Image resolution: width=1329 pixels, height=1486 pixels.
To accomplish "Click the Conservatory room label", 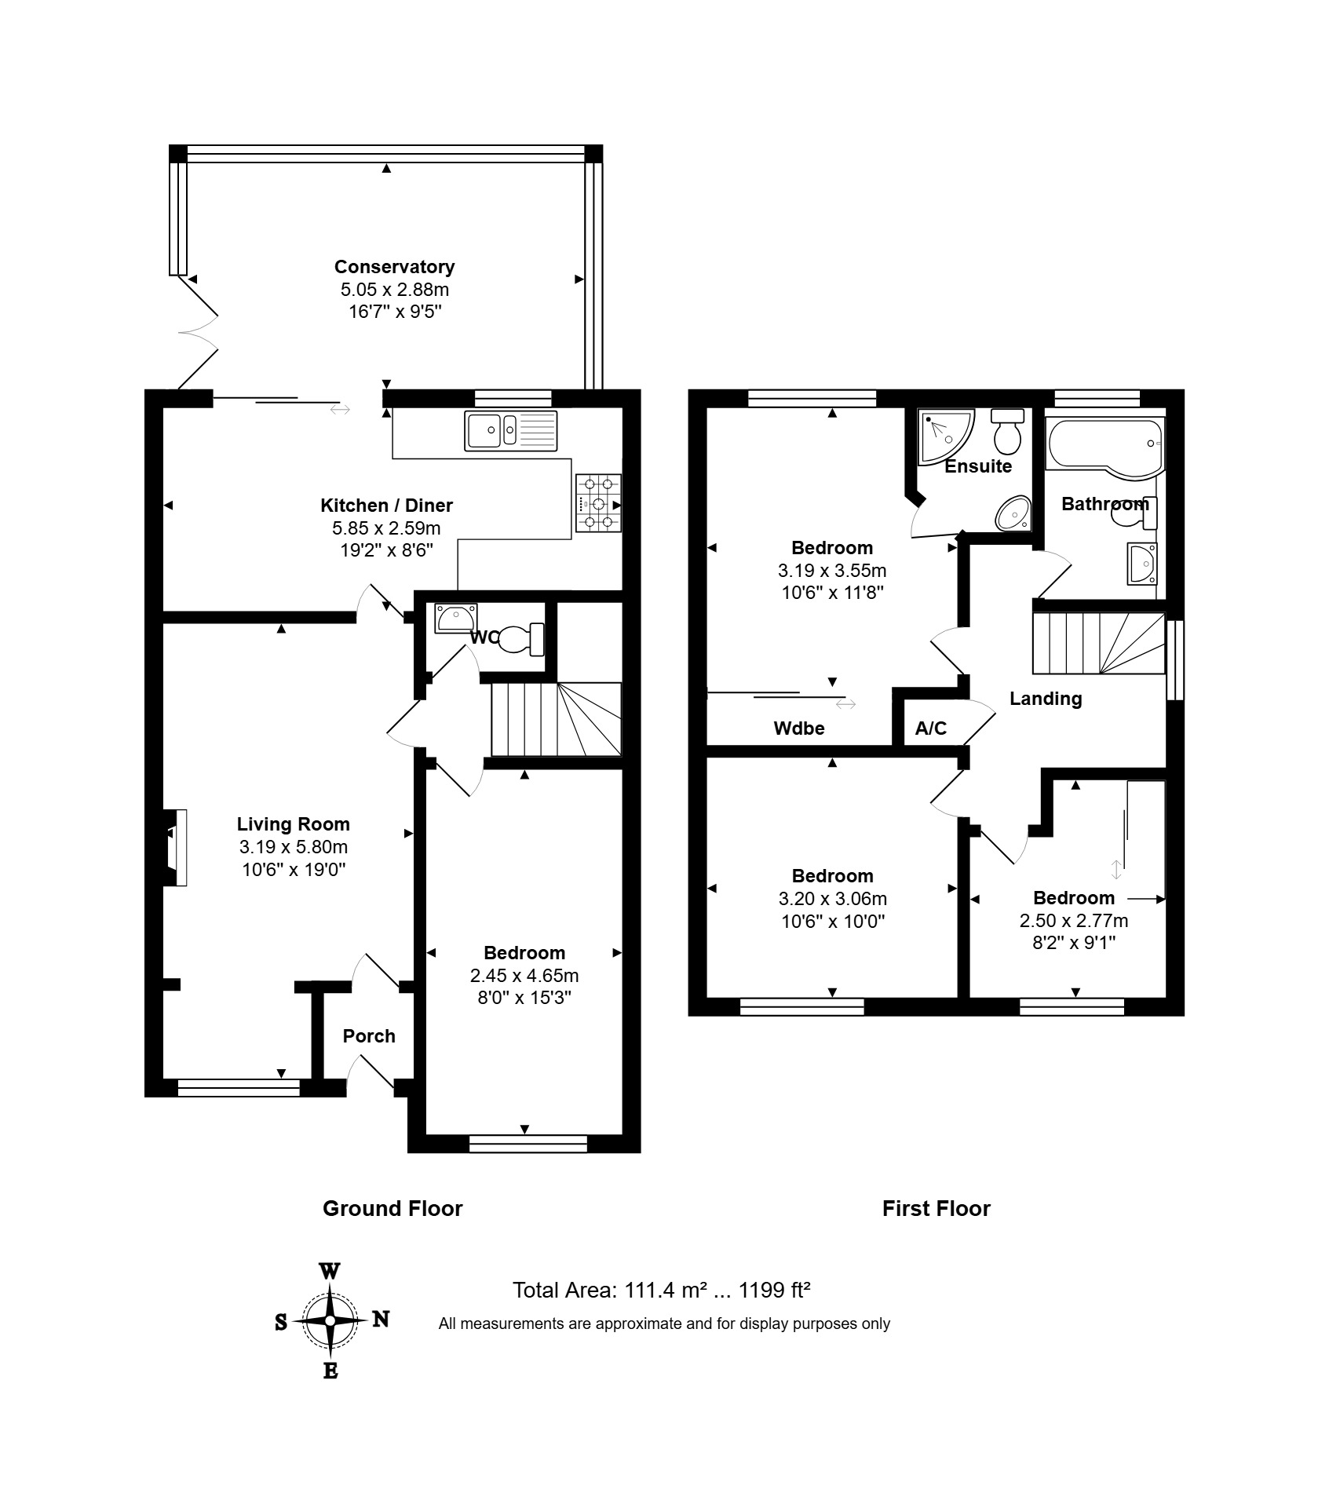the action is coord(394,267).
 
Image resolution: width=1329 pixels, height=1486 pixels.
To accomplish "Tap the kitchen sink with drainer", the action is coord(510,431).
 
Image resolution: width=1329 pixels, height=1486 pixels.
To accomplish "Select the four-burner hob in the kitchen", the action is coord(598,503).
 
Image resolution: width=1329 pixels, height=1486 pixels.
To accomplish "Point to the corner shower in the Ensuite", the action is coord(946,435).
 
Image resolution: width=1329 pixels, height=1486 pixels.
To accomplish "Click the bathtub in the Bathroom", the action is coord(1104,445).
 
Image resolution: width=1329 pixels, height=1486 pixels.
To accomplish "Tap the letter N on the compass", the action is coord(381,1319).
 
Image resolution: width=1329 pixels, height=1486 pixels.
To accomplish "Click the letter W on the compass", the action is coord(330,1271).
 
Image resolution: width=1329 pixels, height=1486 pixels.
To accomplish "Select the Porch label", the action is coord(369,1036).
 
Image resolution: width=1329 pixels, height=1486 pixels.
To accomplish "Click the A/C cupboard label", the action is coord(931,728).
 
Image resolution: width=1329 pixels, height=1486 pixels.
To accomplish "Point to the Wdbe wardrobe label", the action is coord(799,728).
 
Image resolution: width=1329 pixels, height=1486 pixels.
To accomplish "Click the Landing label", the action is coord(1046,699).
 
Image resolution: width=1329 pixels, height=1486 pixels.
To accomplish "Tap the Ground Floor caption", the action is coord(392,1208).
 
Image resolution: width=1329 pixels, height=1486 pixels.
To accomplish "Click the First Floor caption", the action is coord(937,1208).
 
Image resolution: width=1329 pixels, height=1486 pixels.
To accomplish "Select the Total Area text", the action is coord(661,1291).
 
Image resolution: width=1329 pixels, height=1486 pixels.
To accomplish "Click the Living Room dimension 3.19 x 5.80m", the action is coord(294,847).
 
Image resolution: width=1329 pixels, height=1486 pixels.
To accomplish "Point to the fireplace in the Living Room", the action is coord(176,848).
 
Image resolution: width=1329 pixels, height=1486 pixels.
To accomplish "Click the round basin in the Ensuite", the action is coord(1013,513).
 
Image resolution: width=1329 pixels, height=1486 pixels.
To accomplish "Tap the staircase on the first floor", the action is coord(1098,643).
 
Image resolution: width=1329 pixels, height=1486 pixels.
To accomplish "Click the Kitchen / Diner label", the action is coord(386,506).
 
